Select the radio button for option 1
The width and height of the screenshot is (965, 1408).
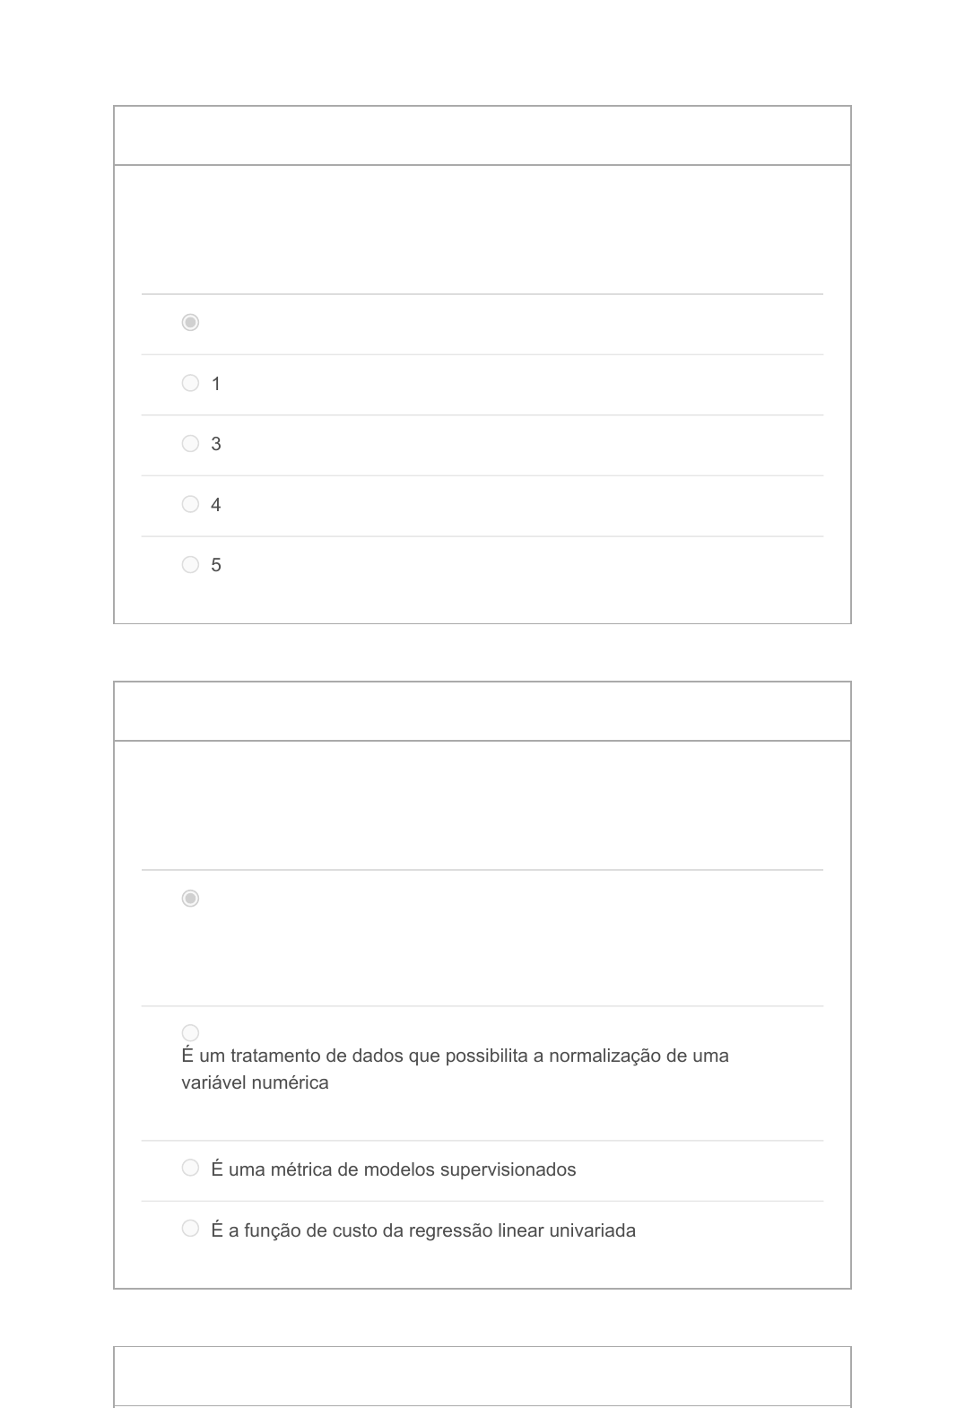pyautogui.click(x=190, y=383)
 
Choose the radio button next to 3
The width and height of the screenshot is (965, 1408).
pyautogui.click(x=190, y=443)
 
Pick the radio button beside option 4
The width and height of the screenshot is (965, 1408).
pyautogui.click(x=190, y=504)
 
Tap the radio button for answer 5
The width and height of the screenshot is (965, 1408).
pyautogui.click(x=190, y=564)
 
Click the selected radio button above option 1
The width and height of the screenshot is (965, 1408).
pyautogui.click(x=190, y=322)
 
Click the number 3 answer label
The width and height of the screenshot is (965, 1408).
pyautogui.click(x=215, y=444)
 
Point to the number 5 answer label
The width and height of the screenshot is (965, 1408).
pyautogui.click(x=215, y=565)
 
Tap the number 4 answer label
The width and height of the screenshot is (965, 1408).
pyautogui.click(x=215, y=505)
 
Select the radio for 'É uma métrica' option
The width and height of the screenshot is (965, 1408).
pyautogui.click(x=190, y=1168)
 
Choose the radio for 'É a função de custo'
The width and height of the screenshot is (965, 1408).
pyautogui.click(x=190, y=1228)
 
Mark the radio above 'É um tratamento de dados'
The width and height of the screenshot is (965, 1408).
pyautogui.click(x=190, y=1033)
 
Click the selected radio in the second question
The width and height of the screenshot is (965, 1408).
pyautogui.click(x=190, y=898)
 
